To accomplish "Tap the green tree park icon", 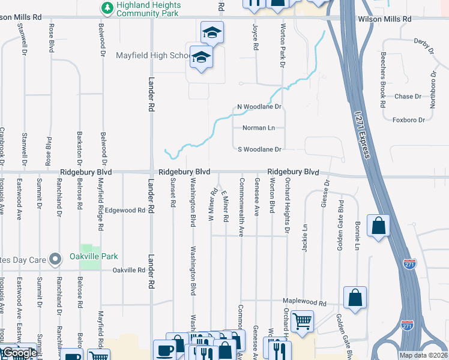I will [107, 8].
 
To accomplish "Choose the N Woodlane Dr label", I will [259, 107].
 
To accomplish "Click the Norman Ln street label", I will [258, 128].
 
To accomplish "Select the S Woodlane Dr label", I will [259, 149].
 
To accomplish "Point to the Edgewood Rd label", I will [125, 211].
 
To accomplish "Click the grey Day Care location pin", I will [55, 259].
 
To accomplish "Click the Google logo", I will [19, 353].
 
